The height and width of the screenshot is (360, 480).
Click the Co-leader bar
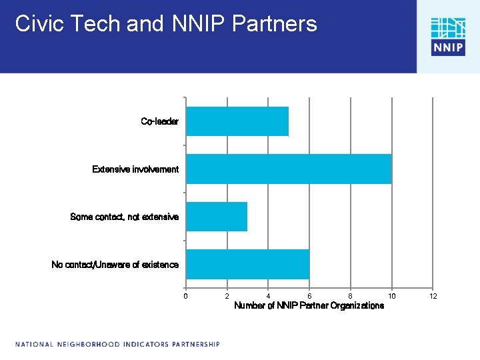click(237, 121)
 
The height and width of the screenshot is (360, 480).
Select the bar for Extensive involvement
click(289, 169)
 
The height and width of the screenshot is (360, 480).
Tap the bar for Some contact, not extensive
click(217, 217)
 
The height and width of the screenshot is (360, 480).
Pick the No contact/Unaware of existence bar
click(247, 264)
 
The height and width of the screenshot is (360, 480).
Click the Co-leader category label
click(159, 121)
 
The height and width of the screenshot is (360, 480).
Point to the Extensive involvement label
click(135, 169)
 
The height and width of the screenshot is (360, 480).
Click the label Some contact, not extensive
click(124, 217)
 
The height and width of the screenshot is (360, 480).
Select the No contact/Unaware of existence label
click(115, 265)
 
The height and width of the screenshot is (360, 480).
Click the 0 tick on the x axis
click(186, 296)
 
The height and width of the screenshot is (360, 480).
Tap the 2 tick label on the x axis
click(227, 296)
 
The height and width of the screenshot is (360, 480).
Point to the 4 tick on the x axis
click(268, 296)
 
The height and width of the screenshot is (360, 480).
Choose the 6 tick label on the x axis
click(309, 296)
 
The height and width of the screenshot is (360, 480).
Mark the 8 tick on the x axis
click(351, 296)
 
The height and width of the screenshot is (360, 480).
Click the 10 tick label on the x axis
click(392, 296)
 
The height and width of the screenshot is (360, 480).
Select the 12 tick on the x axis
click(433, 296)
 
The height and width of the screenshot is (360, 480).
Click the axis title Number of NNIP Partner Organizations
click(309, 306)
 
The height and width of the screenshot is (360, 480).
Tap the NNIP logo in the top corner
click(448, 36)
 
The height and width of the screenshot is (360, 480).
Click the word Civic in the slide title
click(38, 24)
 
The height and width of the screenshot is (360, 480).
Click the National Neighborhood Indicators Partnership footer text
click(117, 345)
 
